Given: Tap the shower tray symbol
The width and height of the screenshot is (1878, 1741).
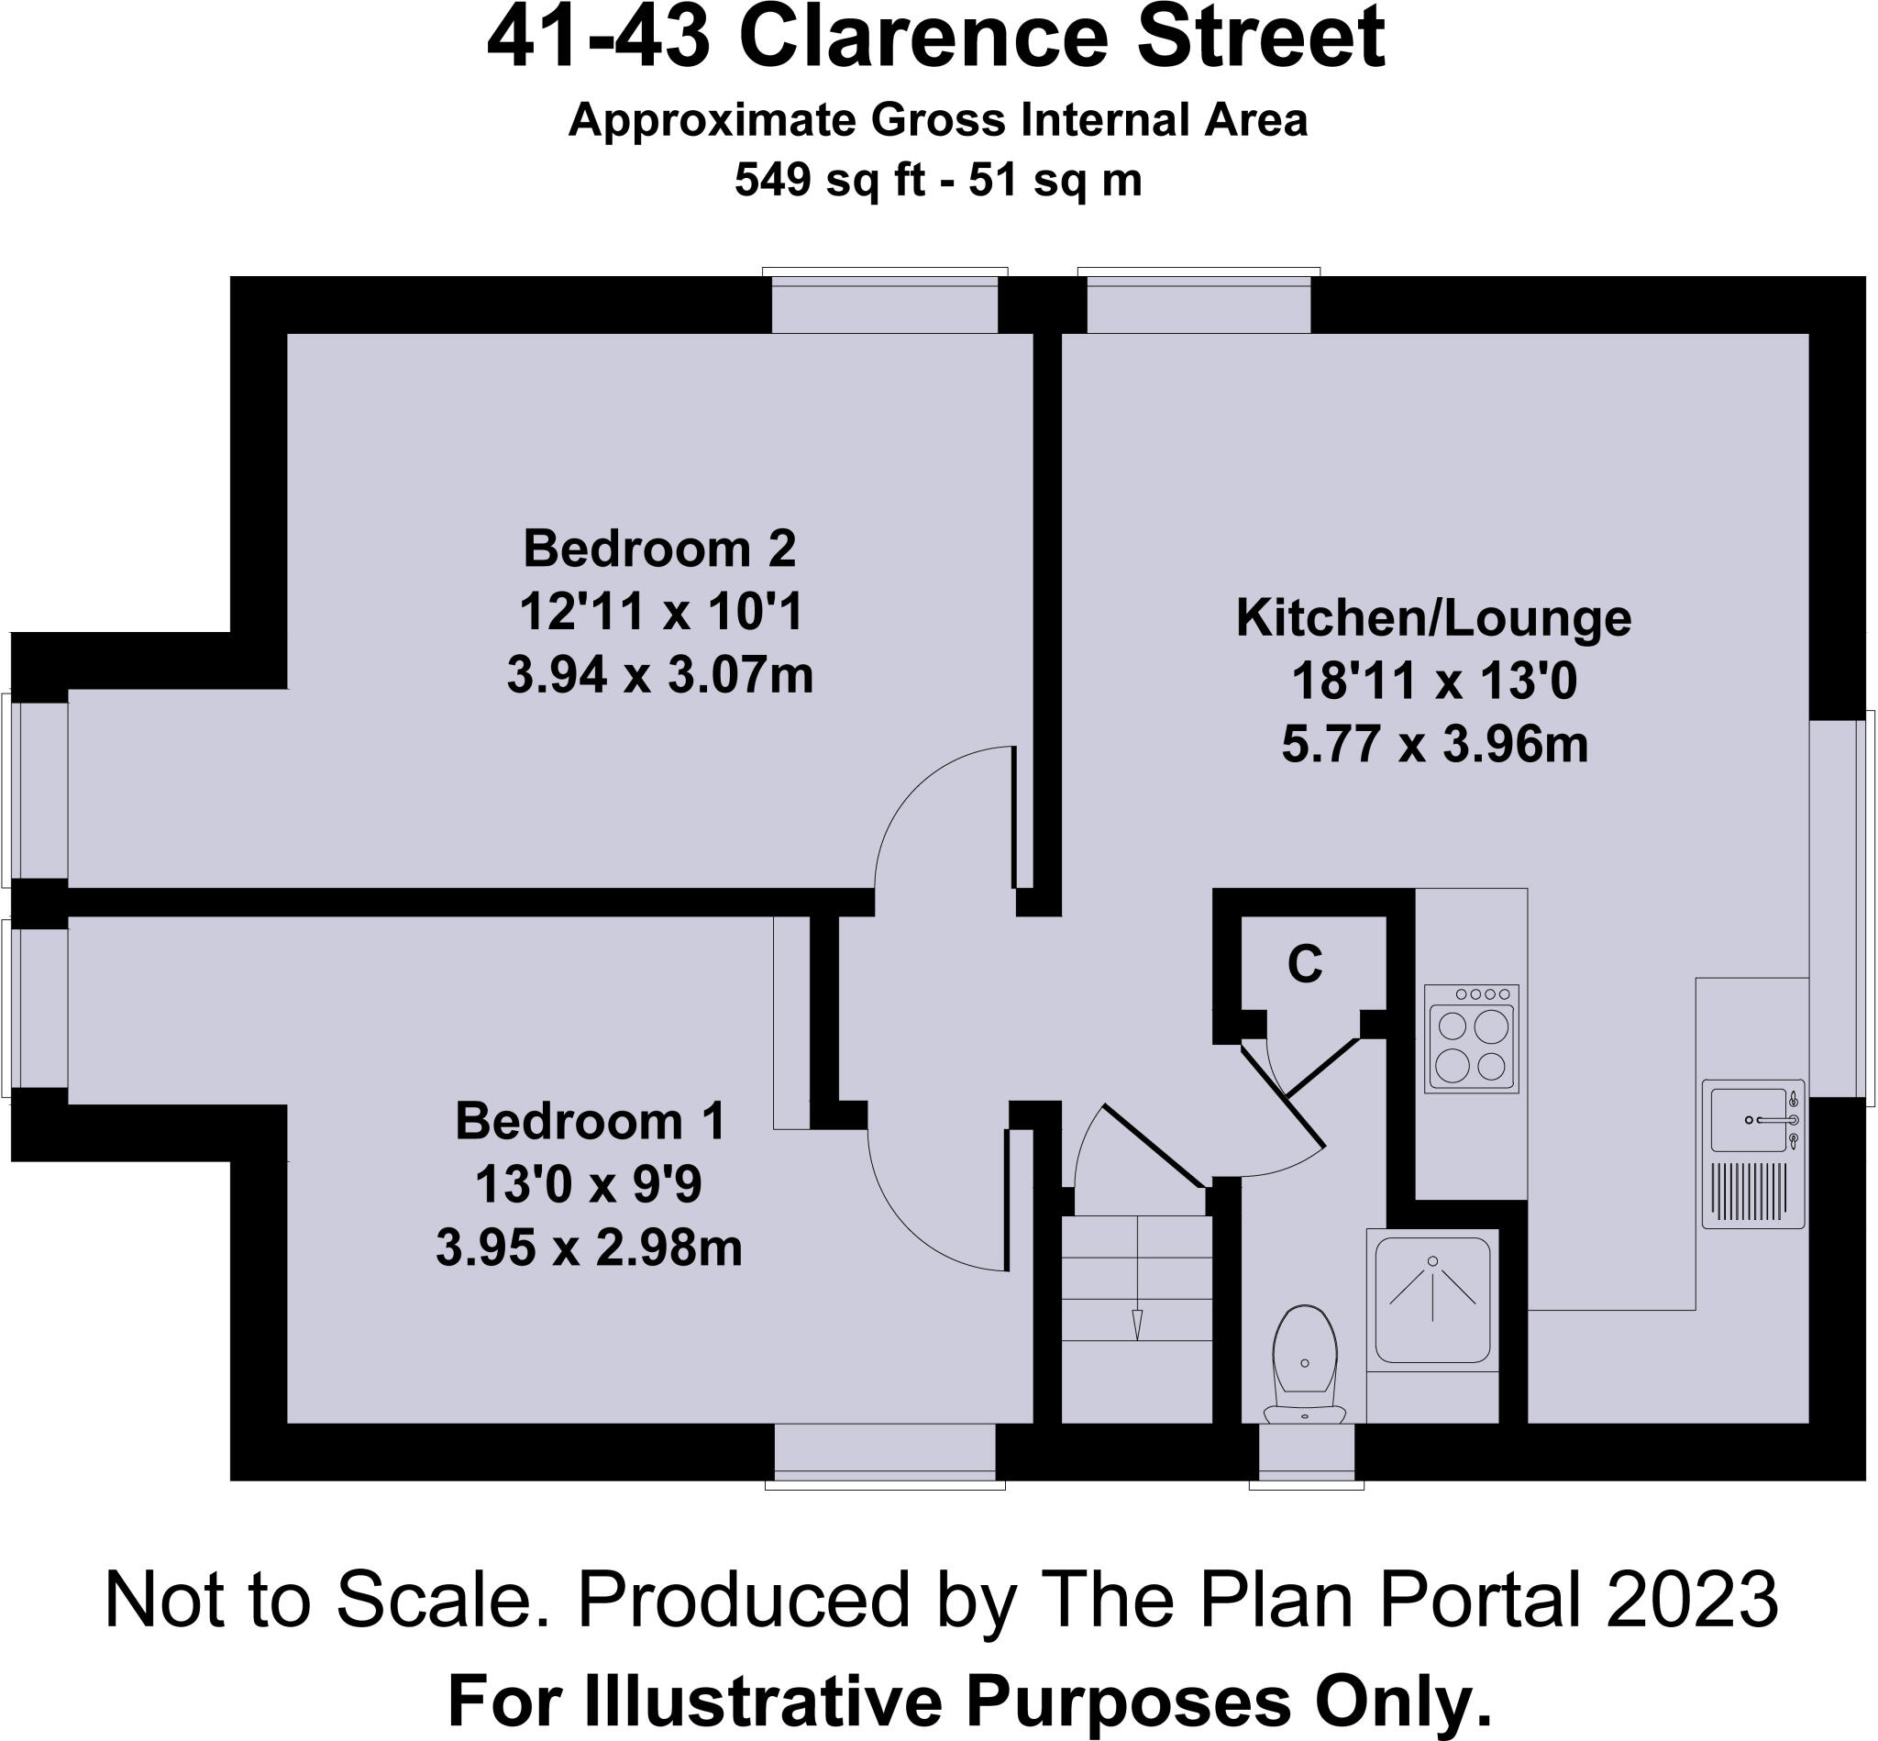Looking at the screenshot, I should [1432, 1300].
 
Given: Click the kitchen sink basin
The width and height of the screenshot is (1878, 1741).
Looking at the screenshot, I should [1748, 1119].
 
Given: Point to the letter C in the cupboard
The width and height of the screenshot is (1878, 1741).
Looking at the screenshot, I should [1305, 964].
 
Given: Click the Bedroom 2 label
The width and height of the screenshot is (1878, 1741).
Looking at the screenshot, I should [659, 549].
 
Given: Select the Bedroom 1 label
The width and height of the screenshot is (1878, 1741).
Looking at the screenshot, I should [590, 1122].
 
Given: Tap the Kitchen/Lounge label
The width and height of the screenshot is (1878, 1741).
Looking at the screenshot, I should [1432, 619].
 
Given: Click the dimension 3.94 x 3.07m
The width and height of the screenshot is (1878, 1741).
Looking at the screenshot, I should [659, 676].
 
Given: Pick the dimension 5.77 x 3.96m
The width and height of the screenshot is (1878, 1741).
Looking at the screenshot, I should [1434, 745].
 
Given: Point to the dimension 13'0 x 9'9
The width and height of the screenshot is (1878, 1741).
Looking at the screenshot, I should [589, 1185].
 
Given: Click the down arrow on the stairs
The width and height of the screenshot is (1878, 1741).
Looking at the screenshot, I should [1137, 1323].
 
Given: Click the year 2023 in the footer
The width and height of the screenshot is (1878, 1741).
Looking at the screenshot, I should [1692, 1601].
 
